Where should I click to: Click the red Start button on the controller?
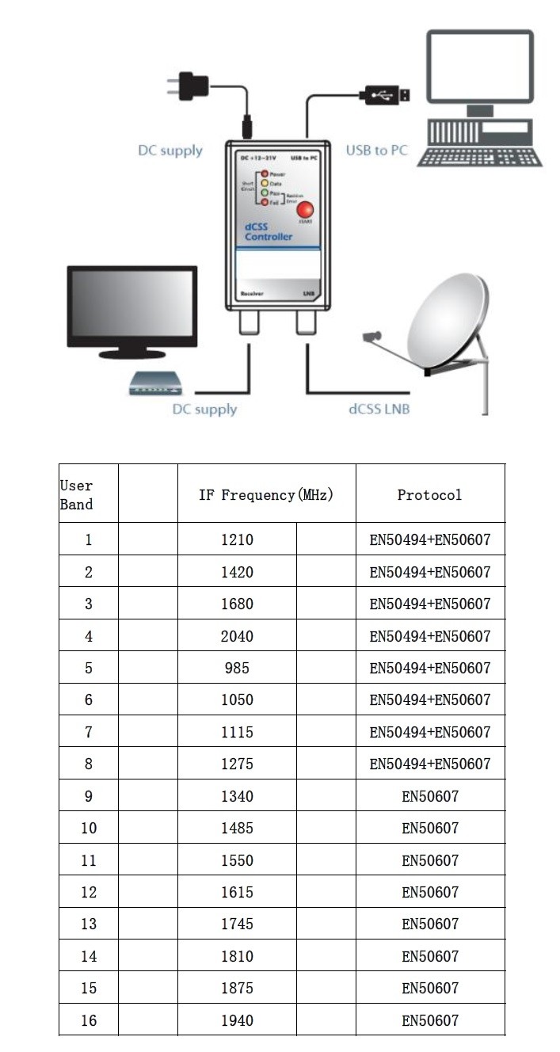tap(304, 211)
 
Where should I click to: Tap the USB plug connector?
tap(386, 96)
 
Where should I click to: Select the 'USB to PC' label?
tap(376, 150)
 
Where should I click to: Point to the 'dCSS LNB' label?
tap(379, 410)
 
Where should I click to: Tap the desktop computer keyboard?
tap(479, 156)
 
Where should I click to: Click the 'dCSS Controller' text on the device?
tap(268, 232)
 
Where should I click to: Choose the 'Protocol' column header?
tap(429, 494)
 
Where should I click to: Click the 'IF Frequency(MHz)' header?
tap(265, 494)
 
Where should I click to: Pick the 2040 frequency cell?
tap(237, 636)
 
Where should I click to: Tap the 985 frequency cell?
tap(237, 668)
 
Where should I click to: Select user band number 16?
tap(89, 1020)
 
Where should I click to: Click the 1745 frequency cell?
tap(237, 924)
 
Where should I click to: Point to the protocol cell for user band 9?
tap(429, 796)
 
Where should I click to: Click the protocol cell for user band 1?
tap(429, 540)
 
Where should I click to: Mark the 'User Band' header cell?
tap(77, 494)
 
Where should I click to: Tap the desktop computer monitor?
tap(479, 69)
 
